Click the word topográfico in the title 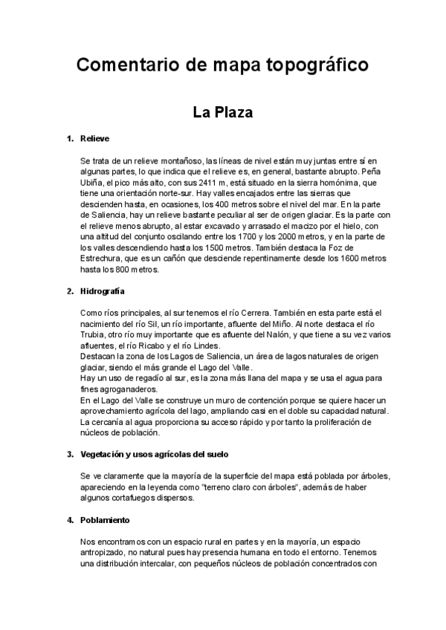coord(316,66)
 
